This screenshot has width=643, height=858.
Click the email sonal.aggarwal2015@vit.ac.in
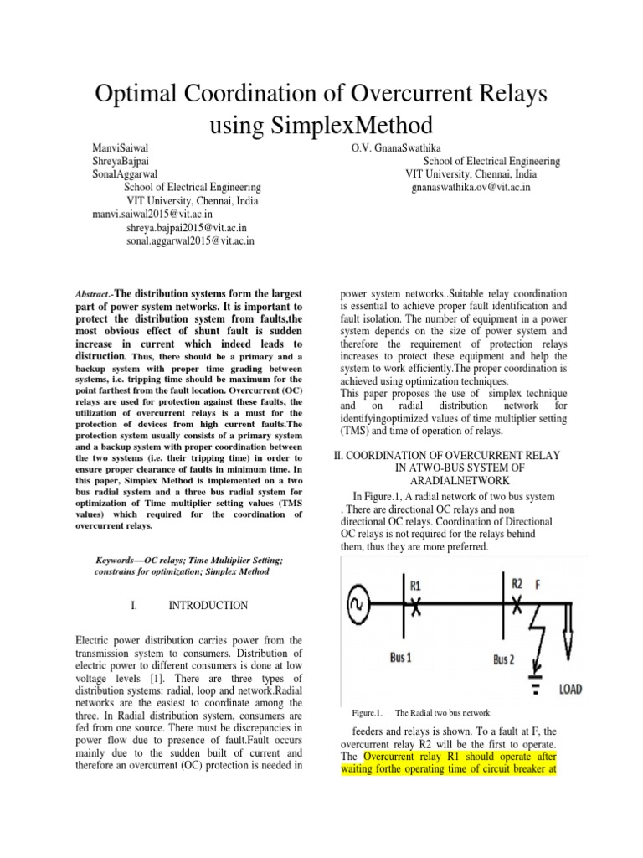pyautogui.click(x=191, y=240)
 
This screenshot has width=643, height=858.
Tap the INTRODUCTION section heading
pyautogui.click(x=208, y=605)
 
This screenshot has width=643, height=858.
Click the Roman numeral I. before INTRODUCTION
pyautogui.click(x=136, y=605)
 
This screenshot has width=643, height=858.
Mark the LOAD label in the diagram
pyautogui.click(x=570, y=689)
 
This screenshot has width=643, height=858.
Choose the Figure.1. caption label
pyautogui.click(x=367, y=713)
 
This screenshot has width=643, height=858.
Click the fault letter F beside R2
pyautogui.click(x=538, y=583)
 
